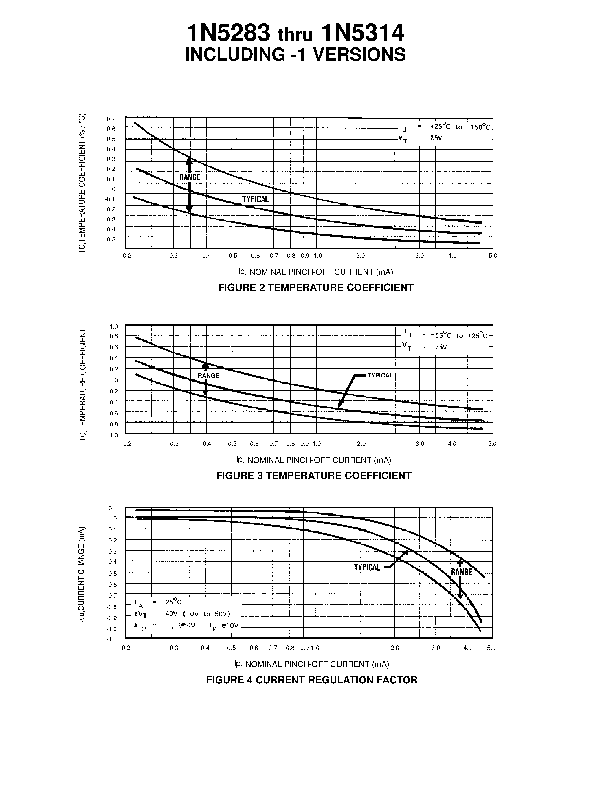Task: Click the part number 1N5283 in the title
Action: point(228,34)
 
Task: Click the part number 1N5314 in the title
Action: point(363,34)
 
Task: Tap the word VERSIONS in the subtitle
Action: point(360,55)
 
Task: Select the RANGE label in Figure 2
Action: point(190,177)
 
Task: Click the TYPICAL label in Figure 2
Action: point(255,199)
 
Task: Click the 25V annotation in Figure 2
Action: point(436,138)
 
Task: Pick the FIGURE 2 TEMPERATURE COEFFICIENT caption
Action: point(315,287)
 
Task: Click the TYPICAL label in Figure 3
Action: point(380,375)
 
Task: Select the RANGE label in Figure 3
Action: point(208,376)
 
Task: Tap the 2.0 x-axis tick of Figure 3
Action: point(361,444)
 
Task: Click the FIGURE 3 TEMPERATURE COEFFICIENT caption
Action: point(314,476)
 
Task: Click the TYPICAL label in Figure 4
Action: point(367,567)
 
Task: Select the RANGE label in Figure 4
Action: point(461,572)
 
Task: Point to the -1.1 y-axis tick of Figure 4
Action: point(111,639)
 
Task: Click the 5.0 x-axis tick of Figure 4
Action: point(491,648)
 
